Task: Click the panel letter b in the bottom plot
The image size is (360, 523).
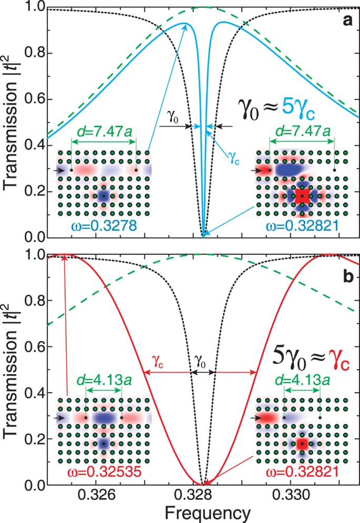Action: (347, 275)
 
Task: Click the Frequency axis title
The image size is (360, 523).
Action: (194, 512)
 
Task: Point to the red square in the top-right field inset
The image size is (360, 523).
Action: (302, 196)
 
